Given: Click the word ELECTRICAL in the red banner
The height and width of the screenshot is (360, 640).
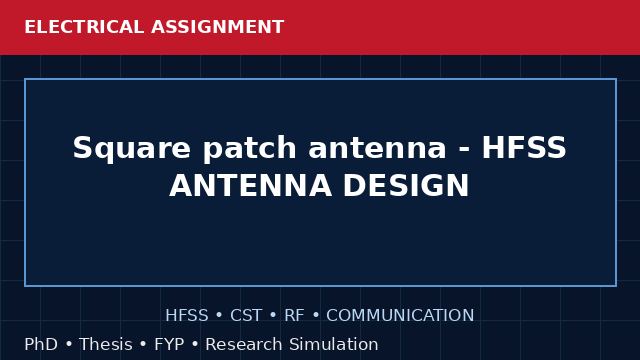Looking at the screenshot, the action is point(84,27).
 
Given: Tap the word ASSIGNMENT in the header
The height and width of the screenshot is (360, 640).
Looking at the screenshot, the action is point(218,27).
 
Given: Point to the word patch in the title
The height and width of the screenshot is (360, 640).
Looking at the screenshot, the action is point(249,149).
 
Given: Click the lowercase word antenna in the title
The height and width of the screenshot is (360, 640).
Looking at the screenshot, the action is point(378,148).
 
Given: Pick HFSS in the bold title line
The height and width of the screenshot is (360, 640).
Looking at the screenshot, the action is point(524,147).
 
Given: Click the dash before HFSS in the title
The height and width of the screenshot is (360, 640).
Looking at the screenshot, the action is point(464,149).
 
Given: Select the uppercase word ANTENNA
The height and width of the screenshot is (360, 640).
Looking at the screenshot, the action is point(250,186).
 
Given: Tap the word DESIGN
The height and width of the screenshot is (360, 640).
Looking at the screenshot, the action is point(406,186).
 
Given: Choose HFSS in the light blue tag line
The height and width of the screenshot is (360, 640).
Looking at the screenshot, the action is point(187,316).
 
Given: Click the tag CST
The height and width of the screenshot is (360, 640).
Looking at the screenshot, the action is point(246,316).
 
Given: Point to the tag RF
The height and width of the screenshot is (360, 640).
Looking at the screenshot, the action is point(294,316).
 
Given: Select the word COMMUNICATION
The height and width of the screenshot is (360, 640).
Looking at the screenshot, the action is point(400,316).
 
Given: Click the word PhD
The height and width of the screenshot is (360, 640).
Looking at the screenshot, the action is point(41,344).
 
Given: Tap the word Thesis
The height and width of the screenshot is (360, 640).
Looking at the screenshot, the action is point(106,344).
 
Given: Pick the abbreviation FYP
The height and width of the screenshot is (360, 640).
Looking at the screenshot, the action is point(169,344).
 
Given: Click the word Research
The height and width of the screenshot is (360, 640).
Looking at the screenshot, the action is point(244,344).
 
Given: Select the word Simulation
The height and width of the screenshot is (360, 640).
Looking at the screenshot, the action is point(334,344).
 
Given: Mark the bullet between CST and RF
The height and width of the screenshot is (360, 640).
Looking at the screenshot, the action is point(273,316).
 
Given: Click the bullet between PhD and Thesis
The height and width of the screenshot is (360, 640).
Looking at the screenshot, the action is point(69,345).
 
